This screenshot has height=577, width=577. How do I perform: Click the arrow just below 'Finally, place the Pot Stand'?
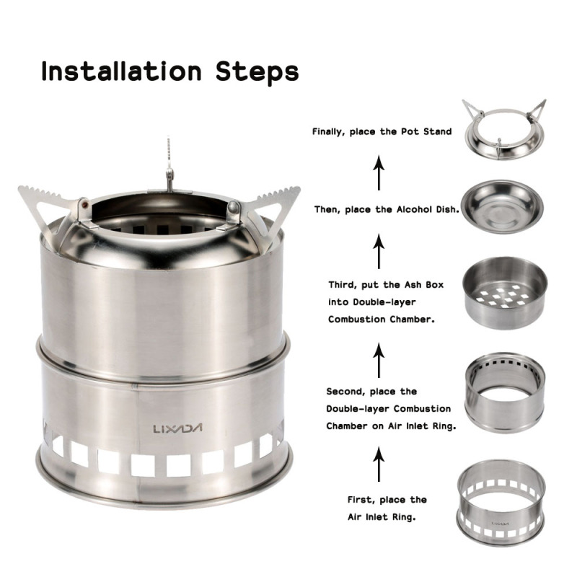(x=378, y=174)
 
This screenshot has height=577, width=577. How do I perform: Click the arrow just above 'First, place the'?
(x=378, y=465)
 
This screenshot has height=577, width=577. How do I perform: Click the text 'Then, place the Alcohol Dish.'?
(x=387, y=210)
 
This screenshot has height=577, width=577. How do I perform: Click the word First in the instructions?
(x=362, y=499)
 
